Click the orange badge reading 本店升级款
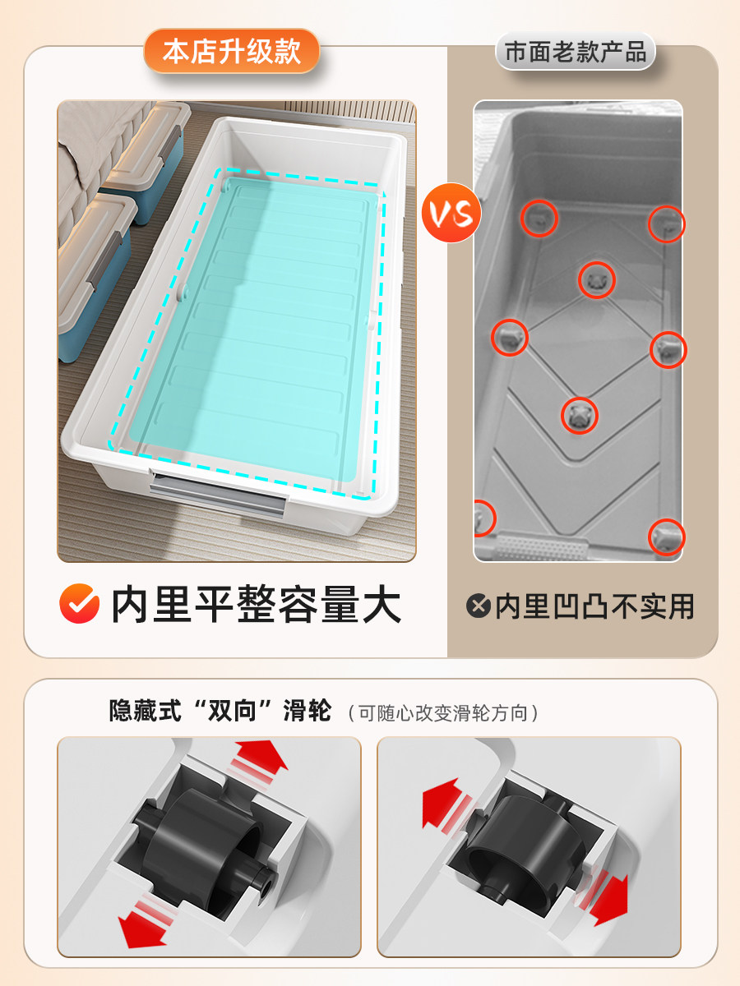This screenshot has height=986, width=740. pyautogui.click(x=231, y=51)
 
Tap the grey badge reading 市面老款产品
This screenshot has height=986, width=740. pyautogui.click(x=576, y=51)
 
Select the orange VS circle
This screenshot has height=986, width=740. pyautogui.click(x=451, y=213)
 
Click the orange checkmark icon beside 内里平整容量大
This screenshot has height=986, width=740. pyautogui.click(x=80, y=603)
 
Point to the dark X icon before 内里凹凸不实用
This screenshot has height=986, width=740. pyautogui.click(x=478, y=606)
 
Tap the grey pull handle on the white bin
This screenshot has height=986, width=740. pyautogui.click(x=218, y=493)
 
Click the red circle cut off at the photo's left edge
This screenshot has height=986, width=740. pyautogui.click(x=485, y=518)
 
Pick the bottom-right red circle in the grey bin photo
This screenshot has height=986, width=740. pyautogui.click(x=666, y=537)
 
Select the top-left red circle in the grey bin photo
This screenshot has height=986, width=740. pyautogui.click(x=539, y=219)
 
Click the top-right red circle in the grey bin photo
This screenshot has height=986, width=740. pyautogui.click(x=666, y=224)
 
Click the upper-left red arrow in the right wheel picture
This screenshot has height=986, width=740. pyautogui.click(x=447, y=806)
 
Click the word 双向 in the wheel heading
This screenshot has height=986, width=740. pyautogui.click(x=232, y=712)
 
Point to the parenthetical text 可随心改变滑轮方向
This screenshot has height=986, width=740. pyautogui.click(x=443, y=713)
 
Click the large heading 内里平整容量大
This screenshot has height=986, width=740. pyautogui.click(x=256, y=604)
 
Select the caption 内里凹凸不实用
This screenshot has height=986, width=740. pyautogui.click(x=594, y=606)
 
